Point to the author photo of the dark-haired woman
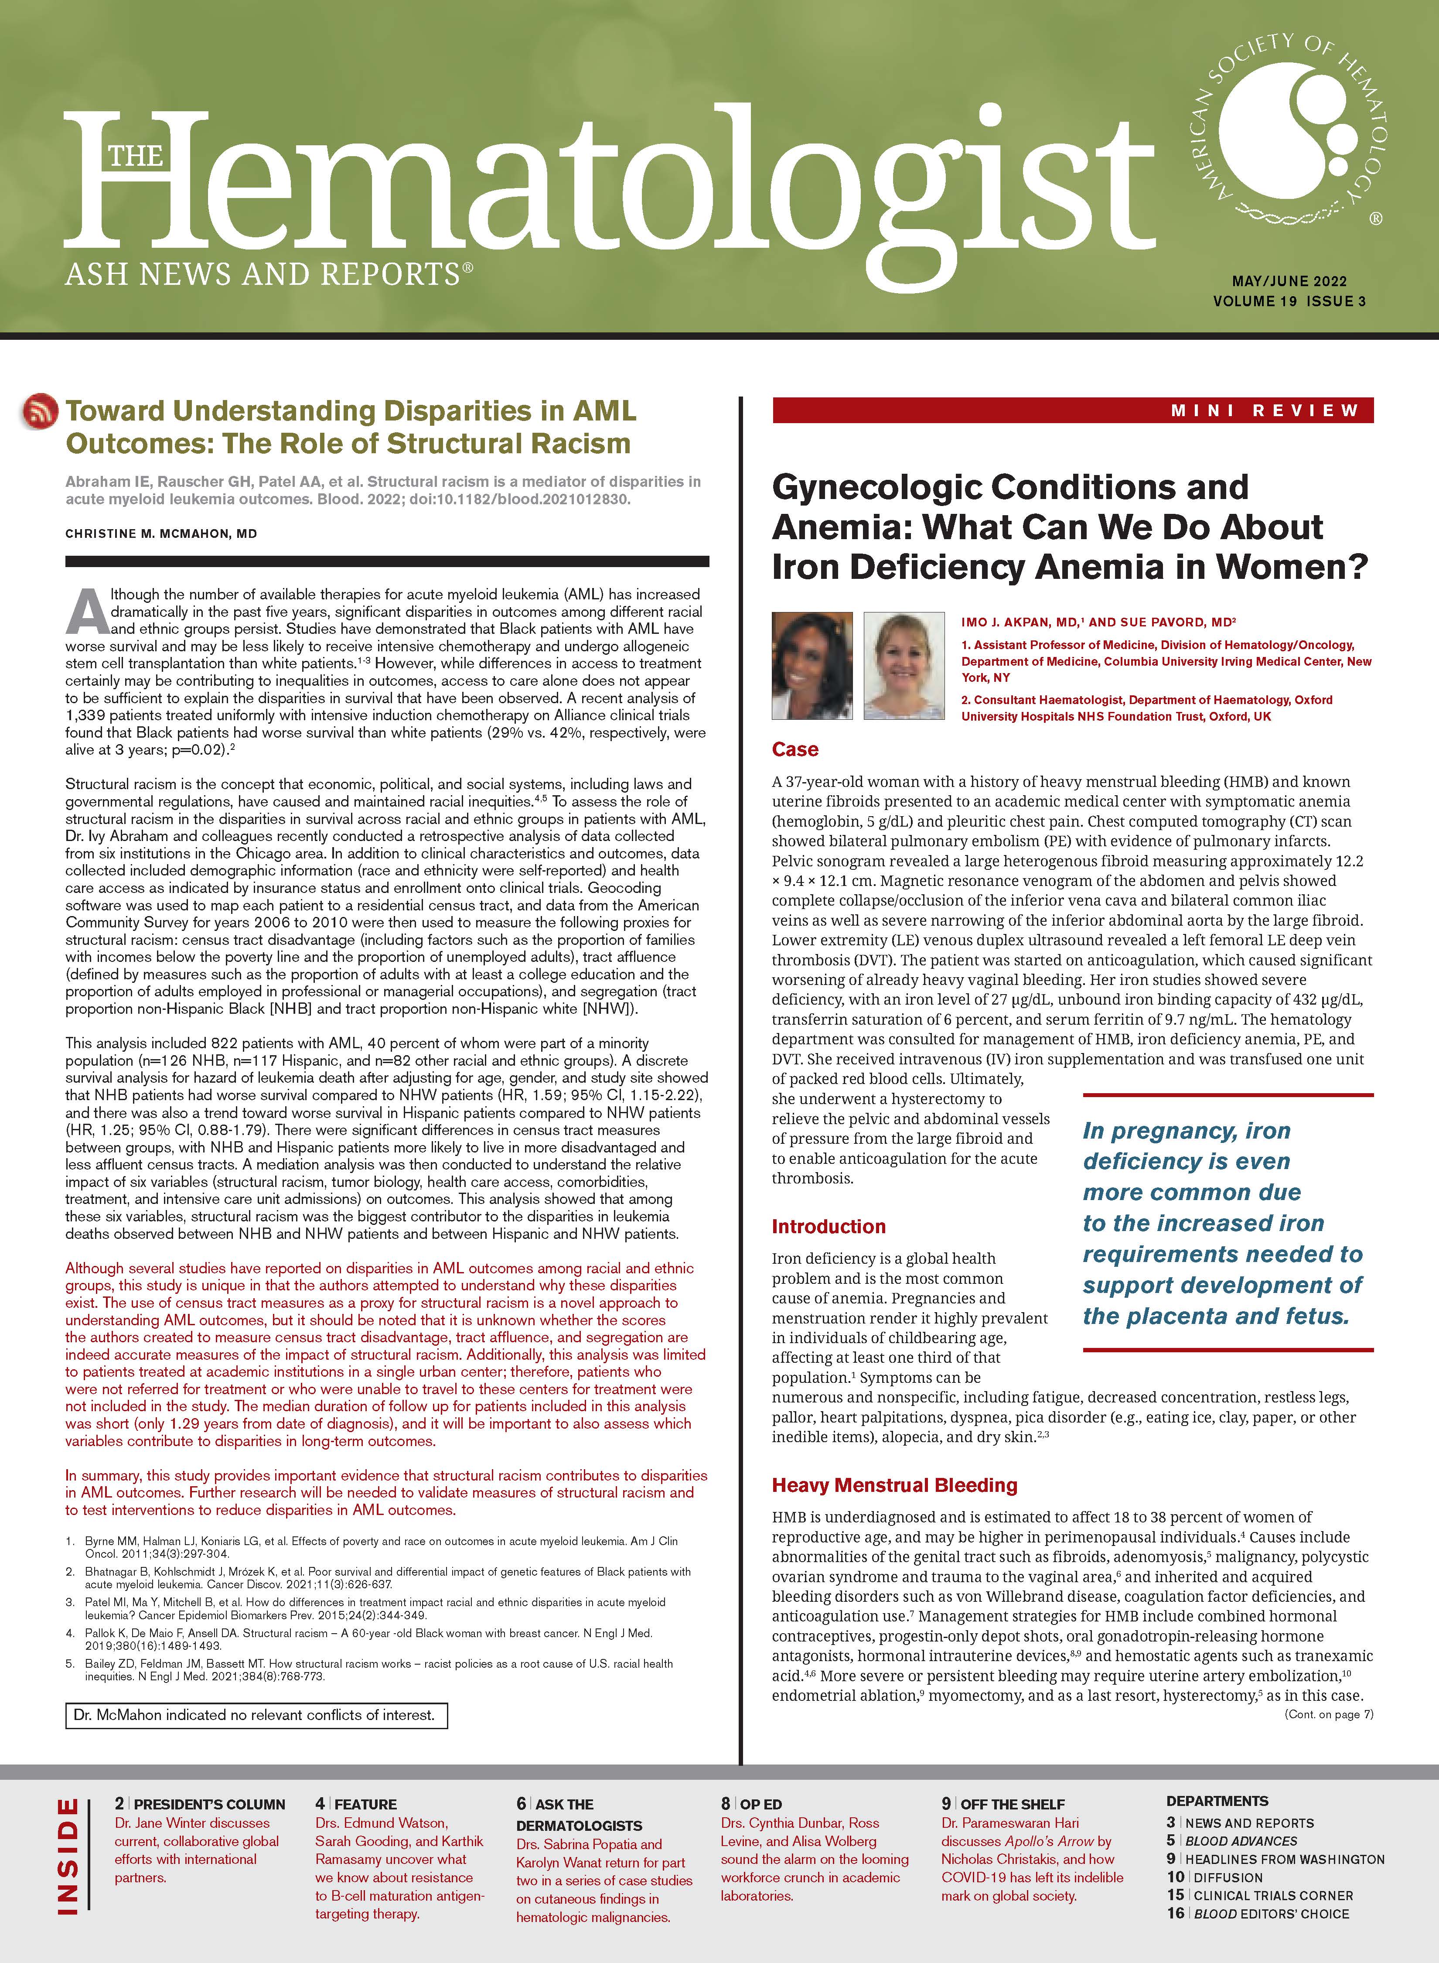pos(812,666)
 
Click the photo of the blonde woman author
pos(903,666)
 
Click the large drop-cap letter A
pos(87,612)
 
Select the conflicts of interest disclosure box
pos(256,1715)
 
